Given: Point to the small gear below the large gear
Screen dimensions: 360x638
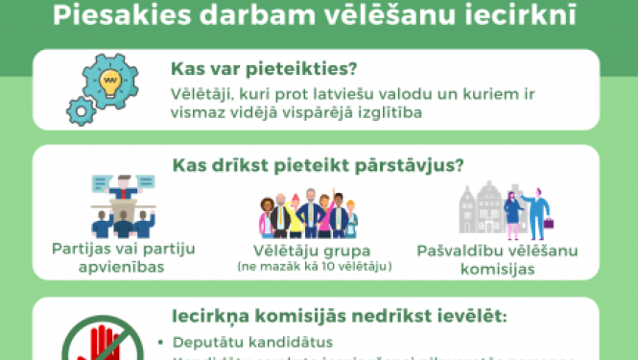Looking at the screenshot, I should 83,111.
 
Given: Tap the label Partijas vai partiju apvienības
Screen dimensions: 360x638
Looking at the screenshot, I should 122,258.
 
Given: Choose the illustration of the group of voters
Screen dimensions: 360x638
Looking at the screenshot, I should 309,215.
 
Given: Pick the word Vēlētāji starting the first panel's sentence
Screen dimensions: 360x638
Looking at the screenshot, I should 202,93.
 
